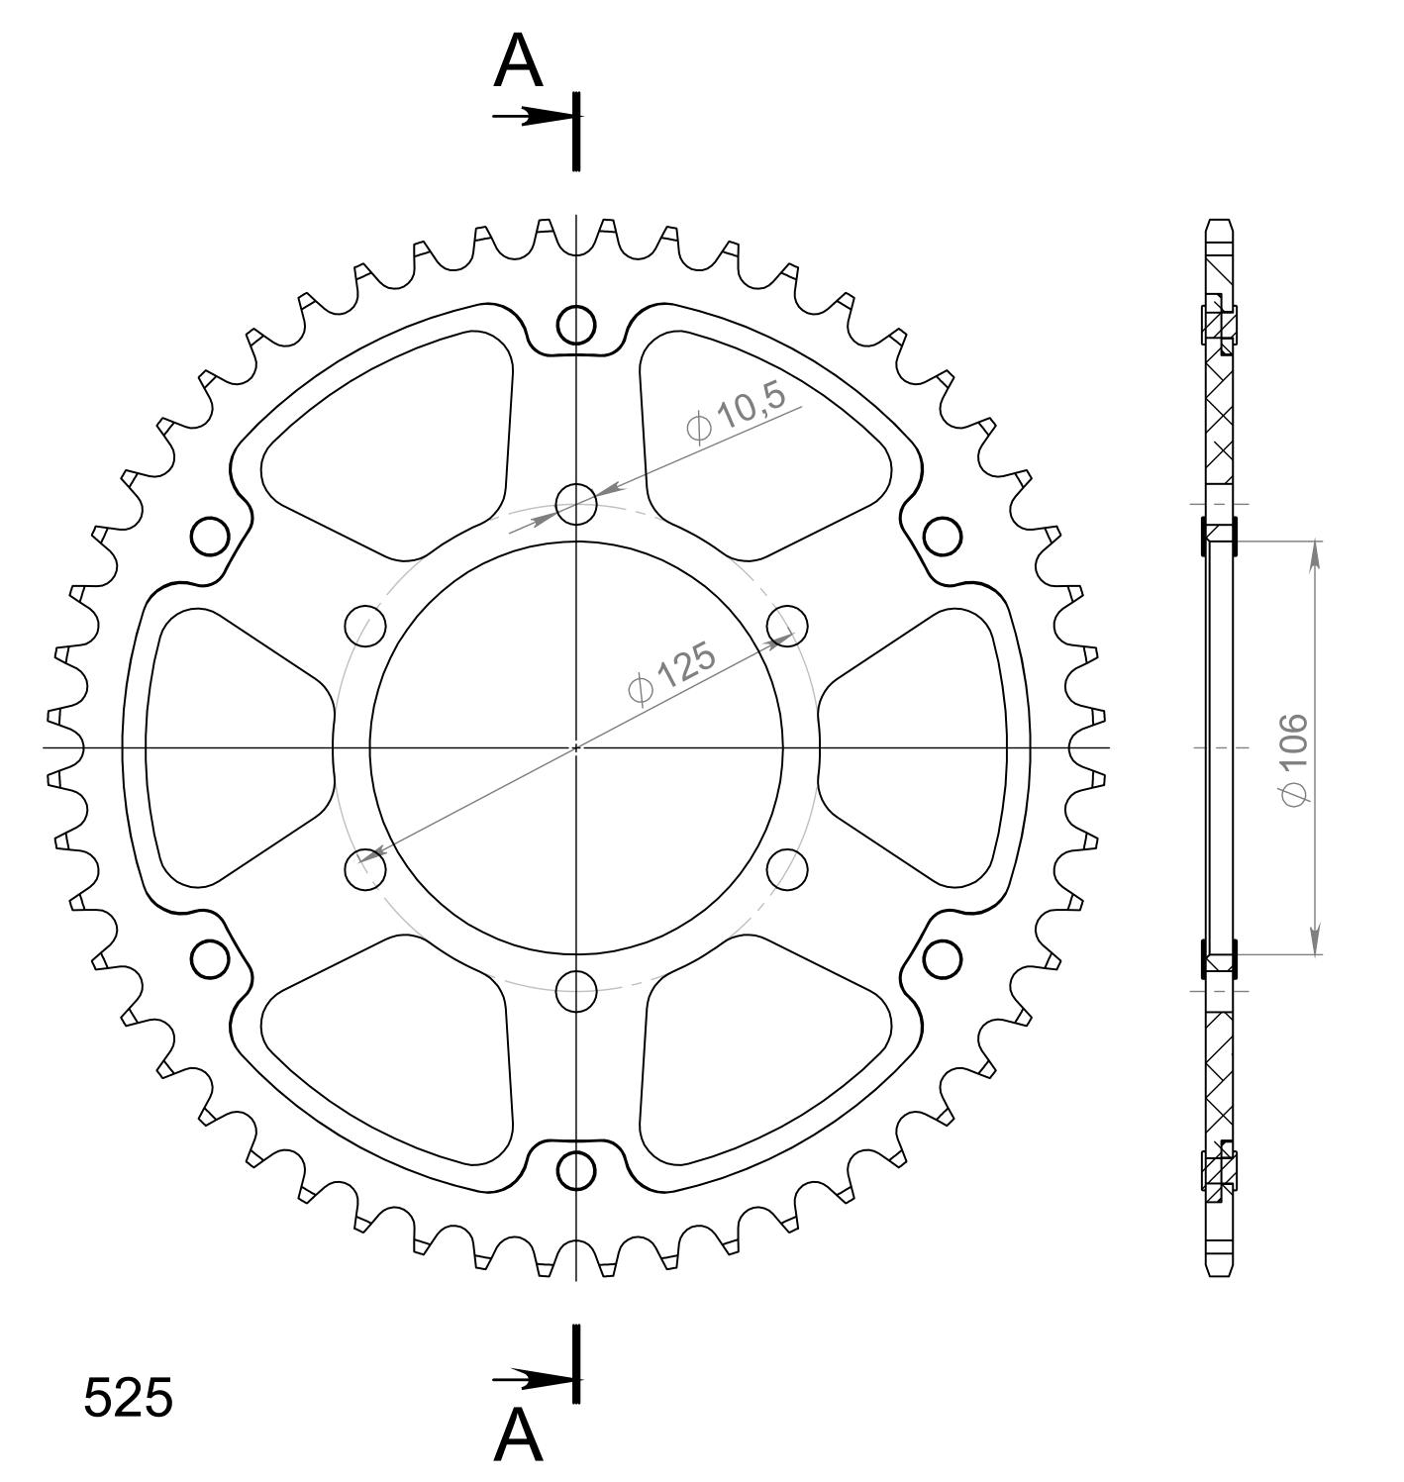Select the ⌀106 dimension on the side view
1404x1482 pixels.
pos(1295,759)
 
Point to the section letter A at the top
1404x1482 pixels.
pos(518,61)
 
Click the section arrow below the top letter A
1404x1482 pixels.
pos(537,117)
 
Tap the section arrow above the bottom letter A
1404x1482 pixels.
pos(537,1380)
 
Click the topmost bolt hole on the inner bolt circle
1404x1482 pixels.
pos(576,504)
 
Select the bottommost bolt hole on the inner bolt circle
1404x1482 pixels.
pos(576,991)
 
